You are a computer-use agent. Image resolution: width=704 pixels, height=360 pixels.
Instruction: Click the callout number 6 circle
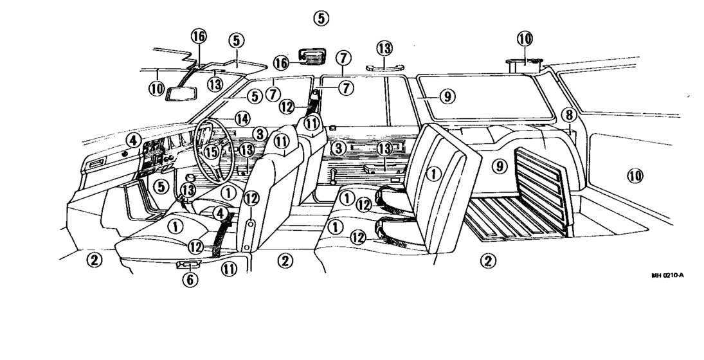tap(190, 280)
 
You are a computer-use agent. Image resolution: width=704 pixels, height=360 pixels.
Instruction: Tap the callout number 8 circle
tap(569, 115)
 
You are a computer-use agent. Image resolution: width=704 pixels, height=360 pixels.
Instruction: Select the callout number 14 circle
tap(242, 119)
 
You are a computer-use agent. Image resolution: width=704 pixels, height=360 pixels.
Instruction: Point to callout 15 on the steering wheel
tap(212, 152)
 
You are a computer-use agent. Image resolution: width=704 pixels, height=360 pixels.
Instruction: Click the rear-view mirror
tap(181, 94)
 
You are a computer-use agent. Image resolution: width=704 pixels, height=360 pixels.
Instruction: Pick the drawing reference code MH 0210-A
tap(667, 275)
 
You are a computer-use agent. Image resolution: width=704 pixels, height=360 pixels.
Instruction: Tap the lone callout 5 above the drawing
tap(321, 19)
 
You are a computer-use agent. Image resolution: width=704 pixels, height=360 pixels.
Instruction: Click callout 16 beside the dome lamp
tap(281, 63)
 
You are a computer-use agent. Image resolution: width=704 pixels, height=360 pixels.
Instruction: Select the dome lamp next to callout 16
tap(312, 57)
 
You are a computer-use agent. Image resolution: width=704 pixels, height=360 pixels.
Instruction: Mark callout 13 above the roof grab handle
tap(384, 48)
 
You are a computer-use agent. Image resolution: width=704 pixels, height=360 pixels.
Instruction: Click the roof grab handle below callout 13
tap(384, 67)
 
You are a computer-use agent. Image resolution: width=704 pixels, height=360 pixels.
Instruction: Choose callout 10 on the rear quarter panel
tap(635, 176)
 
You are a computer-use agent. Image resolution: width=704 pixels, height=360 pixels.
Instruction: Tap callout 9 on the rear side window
tap(447, 96)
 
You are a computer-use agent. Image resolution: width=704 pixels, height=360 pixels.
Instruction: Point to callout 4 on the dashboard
tap(133, 140)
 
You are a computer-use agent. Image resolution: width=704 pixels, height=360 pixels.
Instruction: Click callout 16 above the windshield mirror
tap(199, 36)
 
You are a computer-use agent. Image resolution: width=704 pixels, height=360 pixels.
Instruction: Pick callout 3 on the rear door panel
tap(339, 148)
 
